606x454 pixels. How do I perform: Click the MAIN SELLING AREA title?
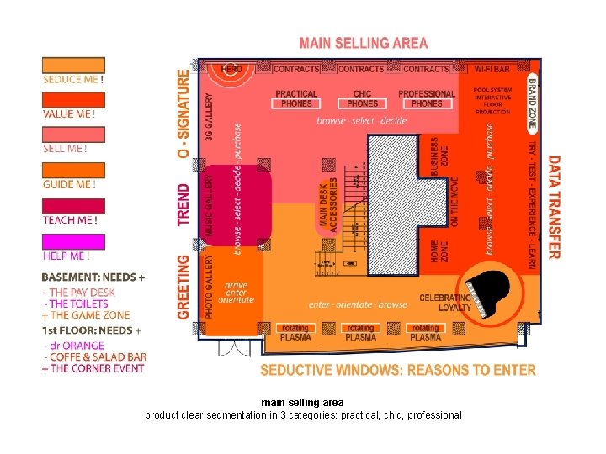(x=364, y=43)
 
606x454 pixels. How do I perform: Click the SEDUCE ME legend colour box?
(x=74, y=65)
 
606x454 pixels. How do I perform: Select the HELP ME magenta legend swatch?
(x=74, y=242)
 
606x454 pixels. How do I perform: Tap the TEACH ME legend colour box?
(x=74, y=206)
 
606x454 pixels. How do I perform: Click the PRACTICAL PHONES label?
(x=296, y=98)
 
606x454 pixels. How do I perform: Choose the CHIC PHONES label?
(x=362, y=98)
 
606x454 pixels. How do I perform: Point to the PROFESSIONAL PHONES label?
(x=427, y=98)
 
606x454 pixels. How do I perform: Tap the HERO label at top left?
(x=232, y=68)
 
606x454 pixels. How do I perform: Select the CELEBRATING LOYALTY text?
(x=444, y=303)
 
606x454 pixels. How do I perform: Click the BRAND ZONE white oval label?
(x=532, y=103)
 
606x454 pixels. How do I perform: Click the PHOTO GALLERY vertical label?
(x=210, y=287)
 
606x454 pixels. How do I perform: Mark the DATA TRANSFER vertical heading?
(x=554, y=207)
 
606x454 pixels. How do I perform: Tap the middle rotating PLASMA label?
(x=360, y=332)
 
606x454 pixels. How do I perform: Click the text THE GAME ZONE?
(x=88, y=314)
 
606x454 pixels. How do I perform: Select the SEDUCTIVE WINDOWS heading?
(x=397, y=370)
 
